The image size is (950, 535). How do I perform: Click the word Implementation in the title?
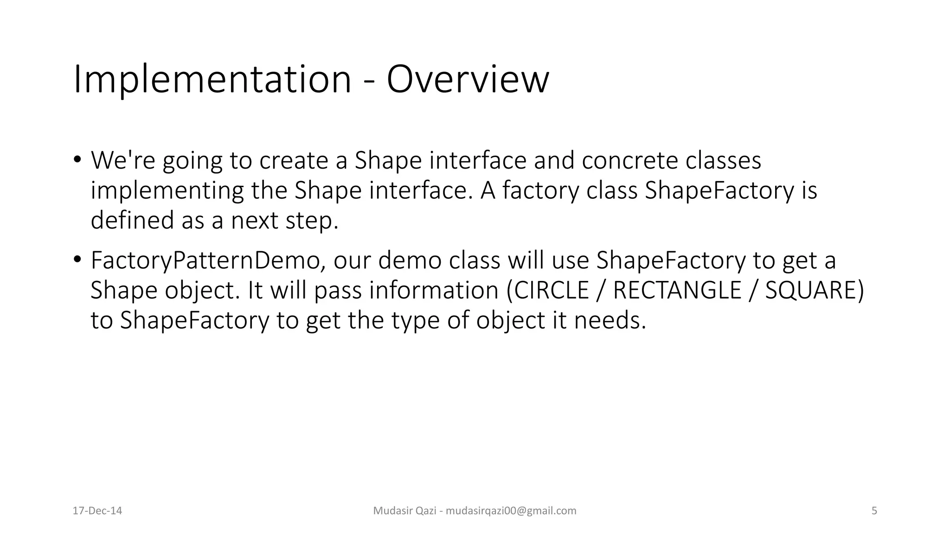tap(212, 80)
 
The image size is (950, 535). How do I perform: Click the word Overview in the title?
tap(468, 80)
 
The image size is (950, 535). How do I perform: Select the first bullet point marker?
tap(77, 160)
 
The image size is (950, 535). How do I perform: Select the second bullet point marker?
tap(77, 260)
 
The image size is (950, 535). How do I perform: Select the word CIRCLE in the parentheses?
tap(551, 290)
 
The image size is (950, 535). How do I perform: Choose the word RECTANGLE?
tap(677, 290)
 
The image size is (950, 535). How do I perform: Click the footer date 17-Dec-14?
tap(97, 511)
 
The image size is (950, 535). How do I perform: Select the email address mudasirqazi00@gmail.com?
tap(511, 511)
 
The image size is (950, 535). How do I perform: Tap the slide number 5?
tap(874, 511)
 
